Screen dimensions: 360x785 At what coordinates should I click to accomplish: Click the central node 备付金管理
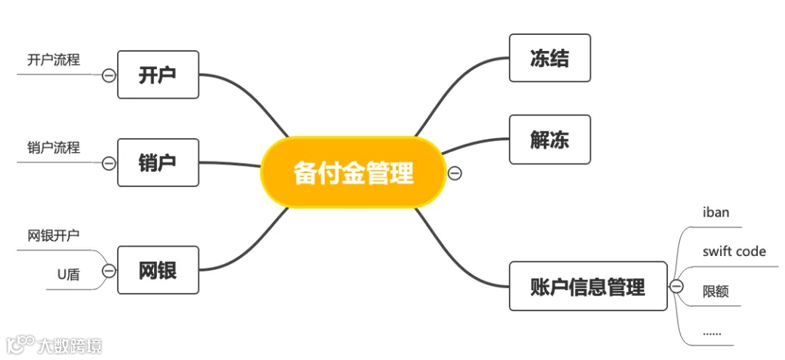353,173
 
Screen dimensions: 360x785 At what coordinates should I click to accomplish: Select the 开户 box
158,74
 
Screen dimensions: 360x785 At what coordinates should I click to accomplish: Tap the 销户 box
158,162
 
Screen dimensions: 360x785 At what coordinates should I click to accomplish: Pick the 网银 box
158,271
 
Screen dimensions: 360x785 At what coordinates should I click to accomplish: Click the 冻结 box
549,58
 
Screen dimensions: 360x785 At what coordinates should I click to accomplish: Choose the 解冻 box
549,139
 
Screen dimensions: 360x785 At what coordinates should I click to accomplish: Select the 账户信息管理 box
587,286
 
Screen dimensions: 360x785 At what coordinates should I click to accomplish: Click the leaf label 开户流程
54,60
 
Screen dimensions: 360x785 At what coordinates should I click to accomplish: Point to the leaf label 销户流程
54,148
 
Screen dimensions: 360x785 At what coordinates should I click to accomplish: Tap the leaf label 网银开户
54,236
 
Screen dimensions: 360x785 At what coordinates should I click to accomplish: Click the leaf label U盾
68,274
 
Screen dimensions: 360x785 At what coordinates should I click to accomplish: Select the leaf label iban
716,212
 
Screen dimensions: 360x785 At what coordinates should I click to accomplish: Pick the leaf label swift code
734,251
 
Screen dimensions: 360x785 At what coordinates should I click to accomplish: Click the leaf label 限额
716,292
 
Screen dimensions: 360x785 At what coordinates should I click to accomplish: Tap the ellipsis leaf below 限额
712,332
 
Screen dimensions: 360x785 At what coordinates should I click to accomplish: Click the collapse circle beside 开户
109,75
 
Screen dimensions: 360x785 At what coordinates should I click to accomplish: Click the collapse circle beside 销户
109,163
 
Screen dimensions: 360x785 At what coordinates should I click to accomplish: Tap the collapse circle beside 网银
109,271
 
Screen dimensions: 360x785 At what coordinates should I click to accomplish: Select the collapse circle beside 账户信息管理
676,287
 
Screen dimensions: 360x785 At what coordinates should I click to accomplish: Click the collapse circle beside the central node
455,173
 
